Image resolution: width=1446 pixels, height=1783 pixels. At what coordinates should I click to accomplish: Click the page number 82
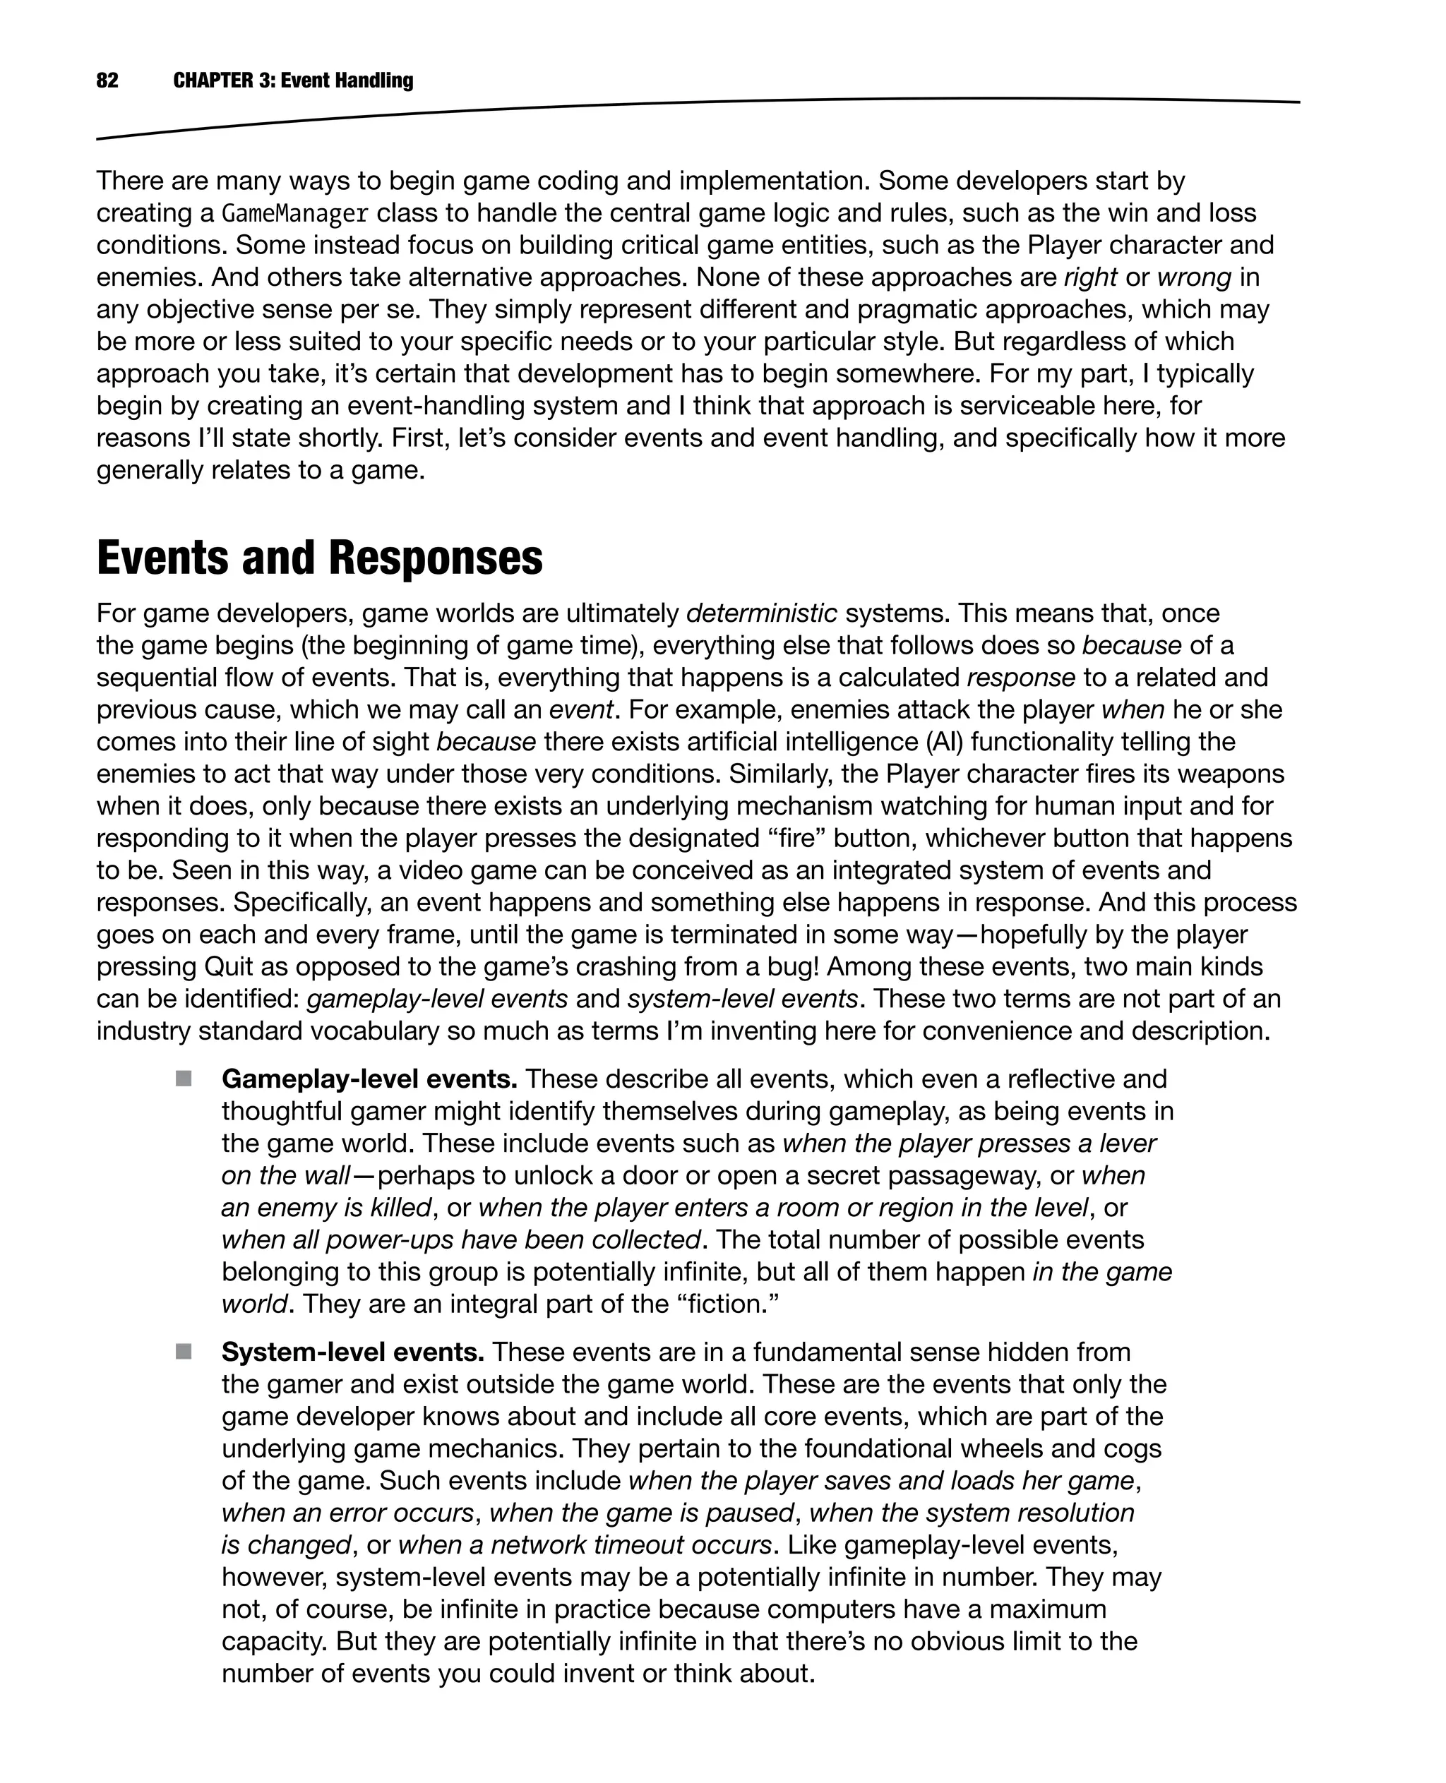pos(107,80)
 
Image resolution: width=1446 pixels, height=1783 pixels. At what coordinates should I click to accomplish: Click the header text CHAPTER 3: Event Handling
pos(293,80)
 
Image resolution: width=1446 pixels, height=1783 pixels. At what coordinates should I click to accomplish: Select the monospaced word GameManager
pos(295,214)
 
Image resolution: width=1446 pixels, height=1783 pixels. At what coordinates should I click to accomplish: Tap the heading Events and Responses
pos(319,558)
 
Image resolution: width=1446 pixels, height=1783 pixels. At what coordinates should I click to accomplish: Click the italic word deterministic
pos(761,614)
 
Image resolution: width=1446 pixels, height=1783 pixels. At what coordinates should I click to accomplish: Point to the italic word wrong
pos(1194,277)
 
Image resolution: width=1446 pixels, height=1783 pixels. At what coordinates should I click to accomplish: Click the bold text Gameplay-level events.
pos(369,1079)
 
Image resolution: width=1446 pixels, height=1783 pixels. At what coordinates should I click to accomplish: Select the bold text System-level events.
pos(352,1352)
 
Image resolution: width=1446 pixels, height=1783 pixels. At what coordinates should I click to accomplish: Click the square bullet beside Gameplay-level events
pos(184,1079)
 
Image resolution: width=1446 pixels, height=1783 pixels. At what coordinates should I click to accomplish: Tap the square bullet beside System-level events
pos(184,1352)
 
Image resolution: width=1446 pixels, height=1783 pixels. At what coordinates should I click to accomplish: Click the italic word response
pos(1020,678)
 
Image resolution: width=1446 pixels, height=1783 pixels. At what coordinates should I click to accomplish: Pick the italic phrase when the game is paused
pos(641,1513)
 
